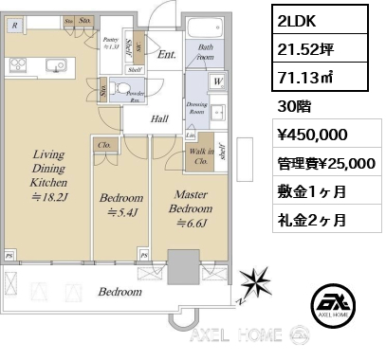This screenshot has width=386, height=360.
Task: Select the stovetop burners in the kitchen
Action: coord(18,65)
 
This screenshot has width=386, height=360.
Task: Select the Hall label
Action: coord(159,118)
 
